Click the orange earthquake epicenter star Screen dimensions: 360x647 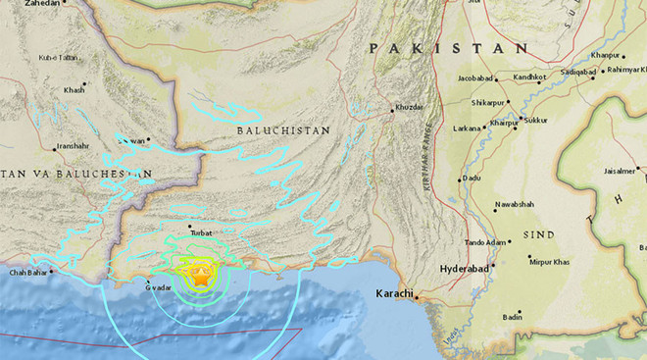[199, 279]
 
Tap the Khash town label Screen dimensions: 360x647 [75, 90]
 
